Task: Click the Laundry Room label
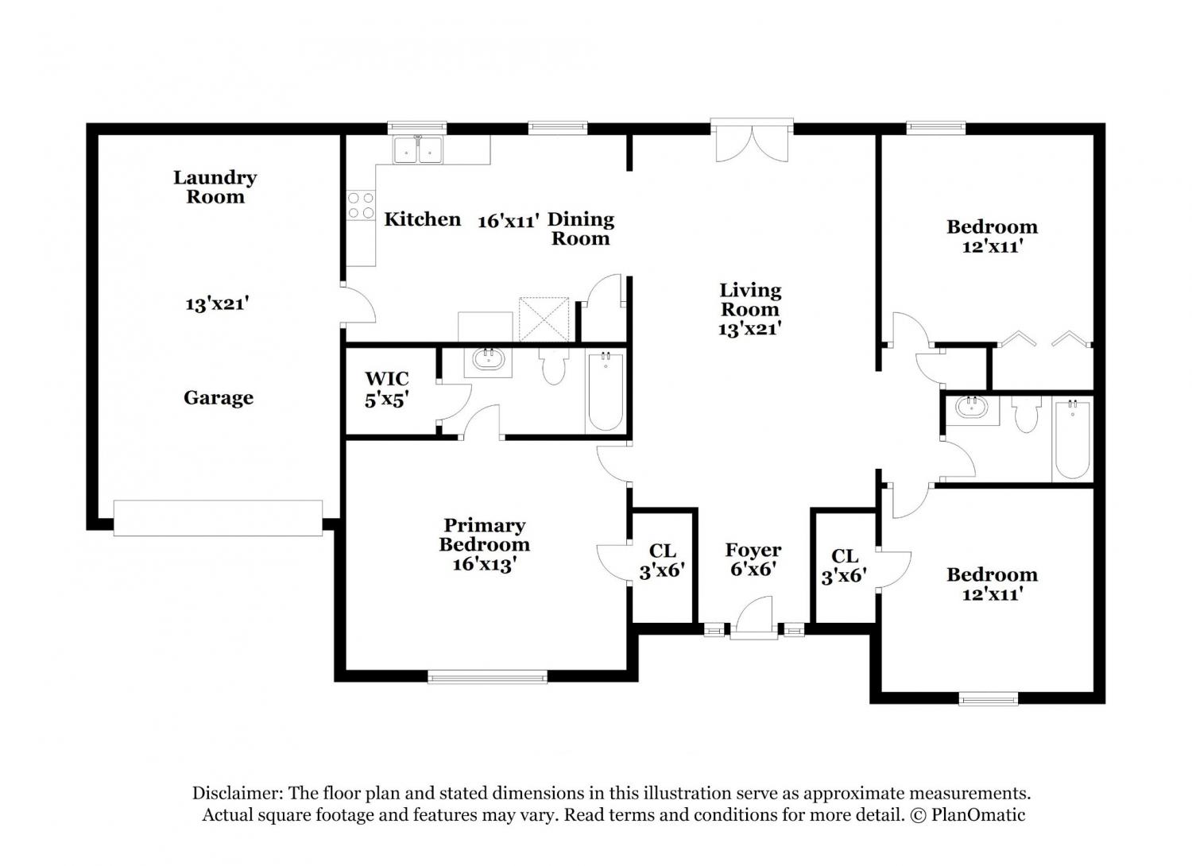(215, 188)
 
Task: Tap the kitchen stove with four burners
(361, 205)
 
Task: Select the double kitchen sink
(418, 149)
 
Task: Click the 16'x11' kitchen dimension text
(509, 220)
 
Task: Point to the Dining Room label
(581, 229)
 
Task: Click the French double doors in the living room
(752, 141)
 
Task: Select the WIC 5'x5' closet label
(387, 389)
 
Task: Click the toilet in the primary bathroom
(553, 366)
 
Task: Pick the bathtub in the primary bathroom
(606, 391)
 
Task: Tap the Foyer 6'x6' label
(753, 559)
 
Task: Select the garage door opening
(218, 517)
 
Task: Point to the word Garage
(219, 398)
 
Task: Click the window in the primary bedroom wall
(487, 677)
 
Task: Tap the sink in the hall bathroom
(971, 408)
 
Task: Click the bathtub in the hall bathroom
(1072, 440)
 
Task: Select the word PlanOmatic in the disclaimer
(977, 814)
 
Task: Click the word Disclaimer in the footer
(238, 793)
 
